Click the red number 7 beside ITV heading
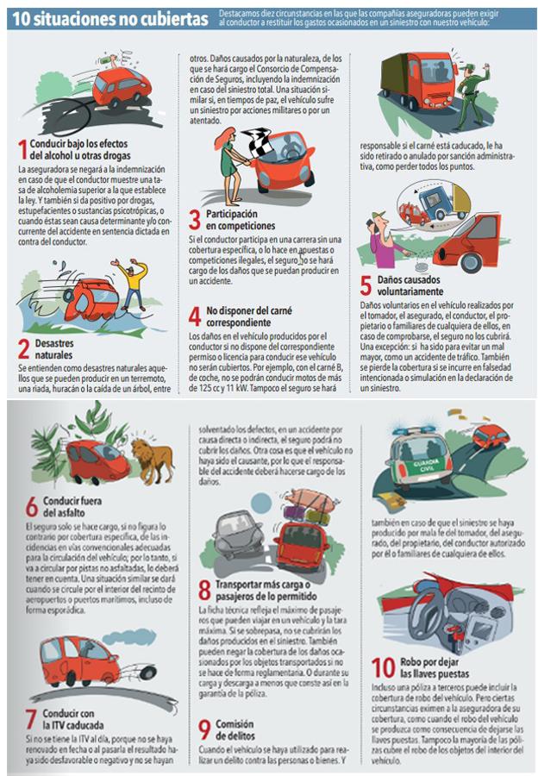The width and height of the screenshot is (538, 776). point(31,719)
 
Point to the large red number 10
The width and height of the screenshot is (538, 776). point(383,667)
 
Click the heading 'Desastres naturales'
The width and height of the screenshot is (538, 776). point(54,349)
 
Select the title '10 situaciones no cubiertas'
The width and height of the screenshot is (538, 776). point(110,19)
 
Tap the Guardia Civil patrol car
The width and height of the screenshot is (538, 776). point(422,455)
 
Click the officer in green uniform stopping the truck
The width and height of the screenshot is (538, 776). point(472,94)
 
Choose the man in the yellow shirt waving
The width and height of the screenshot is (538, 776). point(132,284)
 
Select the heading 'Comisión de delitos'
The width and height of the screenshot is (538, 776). point(235,729)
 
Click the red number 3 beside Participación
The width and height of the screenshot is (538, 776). point(195,220)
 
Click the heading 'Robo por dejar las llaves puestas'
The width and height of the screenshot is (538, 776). point(434,667)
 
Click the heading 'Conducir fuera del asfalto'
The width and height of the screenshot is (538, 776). point(72,506)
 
